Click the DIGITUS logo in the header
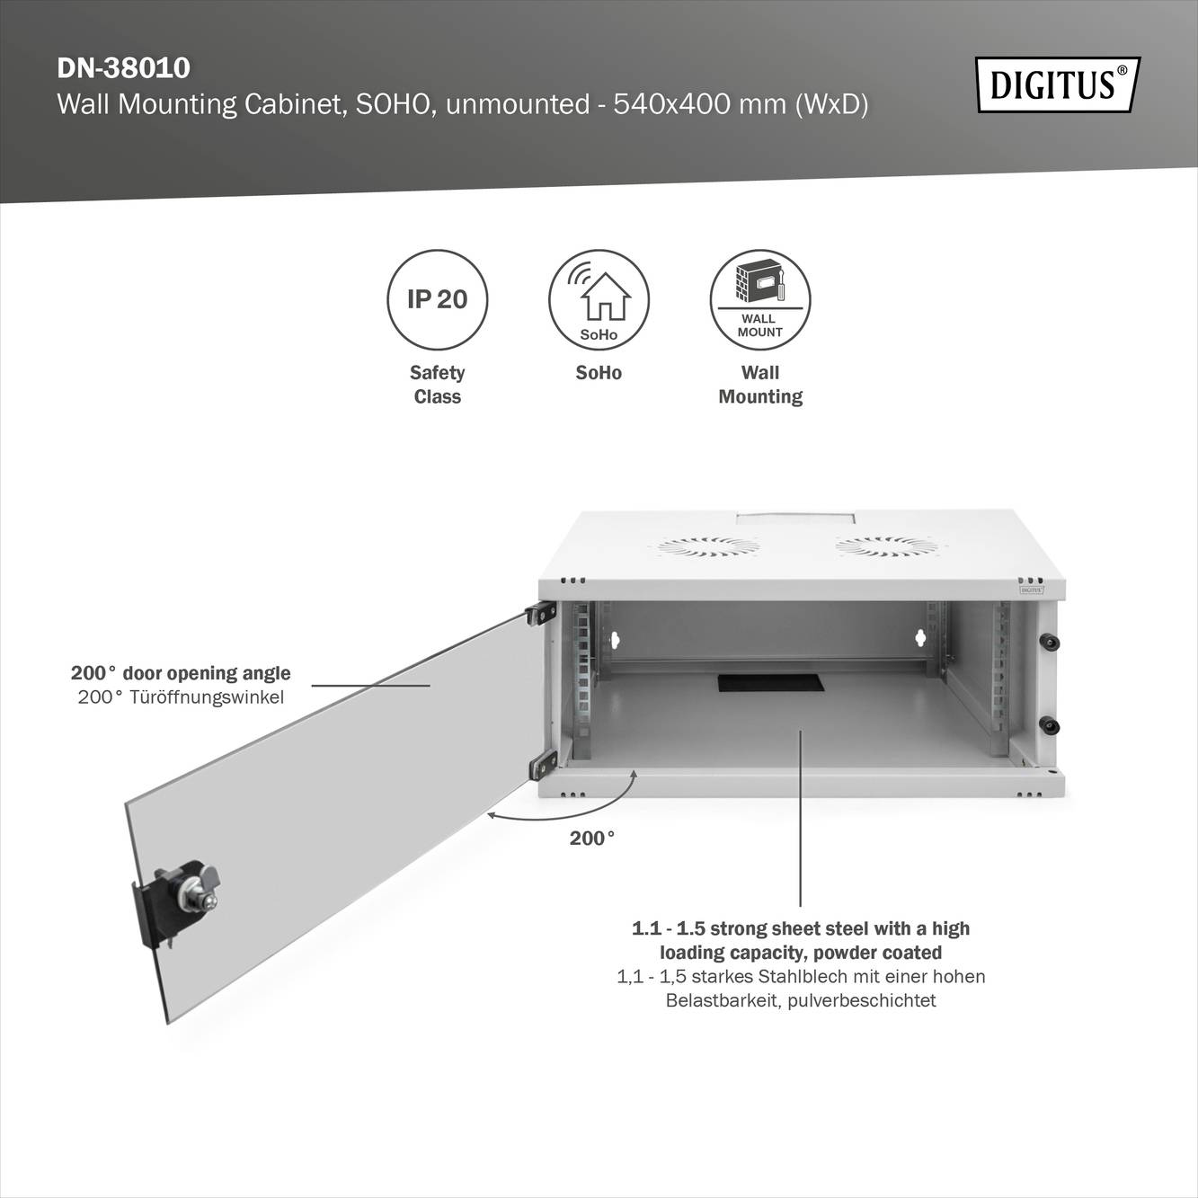(1057, 84)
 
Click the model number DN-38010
(123, 68)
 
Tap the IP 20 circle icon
(437, 299)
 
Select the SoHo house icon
(599, 299)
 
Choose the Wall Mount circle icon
(760, 299)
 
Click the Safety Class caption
(437, 385)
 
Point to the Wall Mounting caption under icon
(760, 385)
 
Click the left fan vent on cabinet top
(707, 546)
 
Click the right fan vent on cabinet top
(886, 546)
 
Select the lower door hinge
(543, 765)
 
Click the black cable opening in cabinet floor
(770, 682)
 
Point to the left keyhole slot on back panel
(616, 640)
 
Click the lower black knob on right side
(1047, 724)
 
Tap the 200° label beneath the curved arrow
(592, 839)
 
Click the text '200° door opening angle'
(181, 673)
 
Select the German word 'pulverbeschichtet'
(861, 1000)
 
